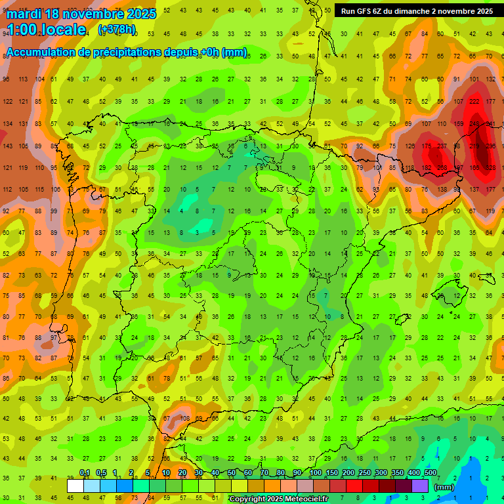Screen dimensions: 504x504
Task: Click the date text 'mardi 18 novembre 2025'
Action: pyautogui.click(x=81, y=14)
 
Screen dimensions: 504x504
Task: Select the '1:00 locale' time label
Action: pyautogui.click(x=46, y=30)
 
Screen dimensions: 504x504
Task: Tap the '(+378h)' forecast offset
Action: pyautogui.click(x=117, y=30)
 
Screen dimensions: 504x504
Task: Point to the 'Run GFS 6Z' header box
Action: pyautogui.click(x=417, y=11)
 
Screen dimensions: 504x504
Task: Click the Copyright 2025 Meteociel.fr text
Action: pyautogui.click(x=279, y=499)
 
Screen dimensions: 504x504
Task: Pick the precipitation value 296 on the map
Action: pyautogui.click(x=490, y=146)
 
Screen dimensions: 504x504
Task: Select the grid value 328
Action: pyautogui.click(x=490, y=169)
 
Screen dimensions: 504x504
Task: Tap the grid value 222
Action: pyautogui.click(x=474, y=102)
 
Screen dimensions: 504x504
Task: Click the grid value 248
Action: pyautogui.click(x=476, y=124)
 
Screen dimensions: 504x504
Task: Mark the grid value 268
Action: pyautogui.click(x=442, y=169)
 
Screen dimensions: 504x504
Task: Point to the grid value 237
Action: pyautogui.click(x=442, y=146)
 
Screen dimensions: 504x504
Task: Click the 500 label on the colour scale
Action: pyautogui.click(x=430, y=472)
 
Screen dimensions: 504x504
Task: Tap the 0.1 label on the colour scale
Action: pyautogui.click(x=85, y=472)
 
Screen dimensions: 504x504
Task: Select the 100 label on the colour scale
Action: pyautogui.click(x=315, y=472)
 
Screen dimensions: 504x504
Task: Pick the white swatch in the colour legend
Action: pyautogui.click(x=75, y=486)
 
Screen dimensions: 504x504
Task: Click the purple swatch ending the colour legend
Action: pyautogui.click(x=420, y=486)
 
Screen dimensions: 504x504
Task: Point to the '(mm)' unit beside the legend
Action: pyautogui.click(x=444, y=487)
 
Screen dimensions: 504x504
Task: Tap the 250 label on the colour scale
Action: pyautogui.click(x=364, y=472)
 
